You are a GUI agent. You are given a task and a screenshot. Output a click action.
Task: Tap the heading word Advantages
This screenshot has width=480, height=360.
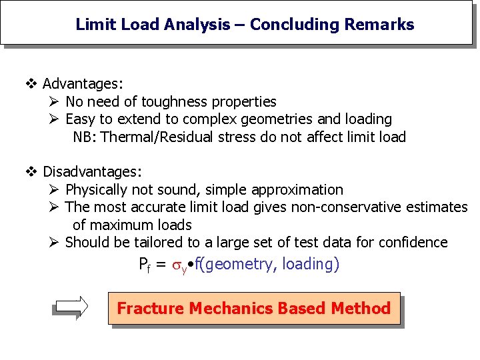click(x=81, y=84)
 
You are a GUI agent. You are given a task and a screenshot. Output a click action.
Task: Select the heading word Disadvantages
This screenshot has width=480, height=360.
click(x=91, y=172)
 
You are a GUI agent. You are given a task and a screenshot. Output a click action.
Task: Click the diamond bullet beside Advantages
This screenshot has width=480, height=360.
click(x=31, y=84)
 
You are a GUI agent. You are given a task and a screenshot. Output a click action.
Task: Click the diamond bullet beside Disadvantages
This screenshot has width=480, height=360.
click(x=31, y=172)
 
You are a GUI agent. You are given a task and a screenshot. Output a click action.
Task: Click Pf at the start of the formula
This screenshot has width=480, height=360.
click(x=145, y=265)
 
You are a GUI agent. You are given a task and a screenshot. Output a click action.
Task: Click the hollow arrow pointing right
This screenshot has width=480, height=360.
click(x=71, y=307)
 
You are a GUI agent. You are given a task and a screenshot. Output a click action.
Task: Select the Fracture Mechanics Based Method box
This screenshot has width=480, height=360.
click(x=253, y=309)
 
